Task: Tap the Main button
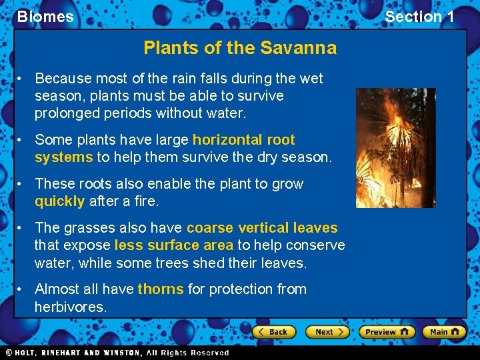[444, 331]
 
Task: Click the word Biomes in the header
[45, 17]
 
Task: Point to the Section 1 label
[419, 17]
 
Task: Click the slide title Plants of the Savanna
[240, 48]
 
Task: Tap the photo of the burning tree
[395, 147]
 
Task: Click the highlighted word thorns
[160, 289]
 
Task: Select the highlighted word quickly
[59, 201]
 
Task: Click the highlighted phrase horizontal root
[243, 140]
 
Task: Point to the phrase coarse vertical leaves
[262, 228]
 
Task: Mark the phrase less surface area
[173, 245]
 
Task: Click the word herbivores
[70, 307]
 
